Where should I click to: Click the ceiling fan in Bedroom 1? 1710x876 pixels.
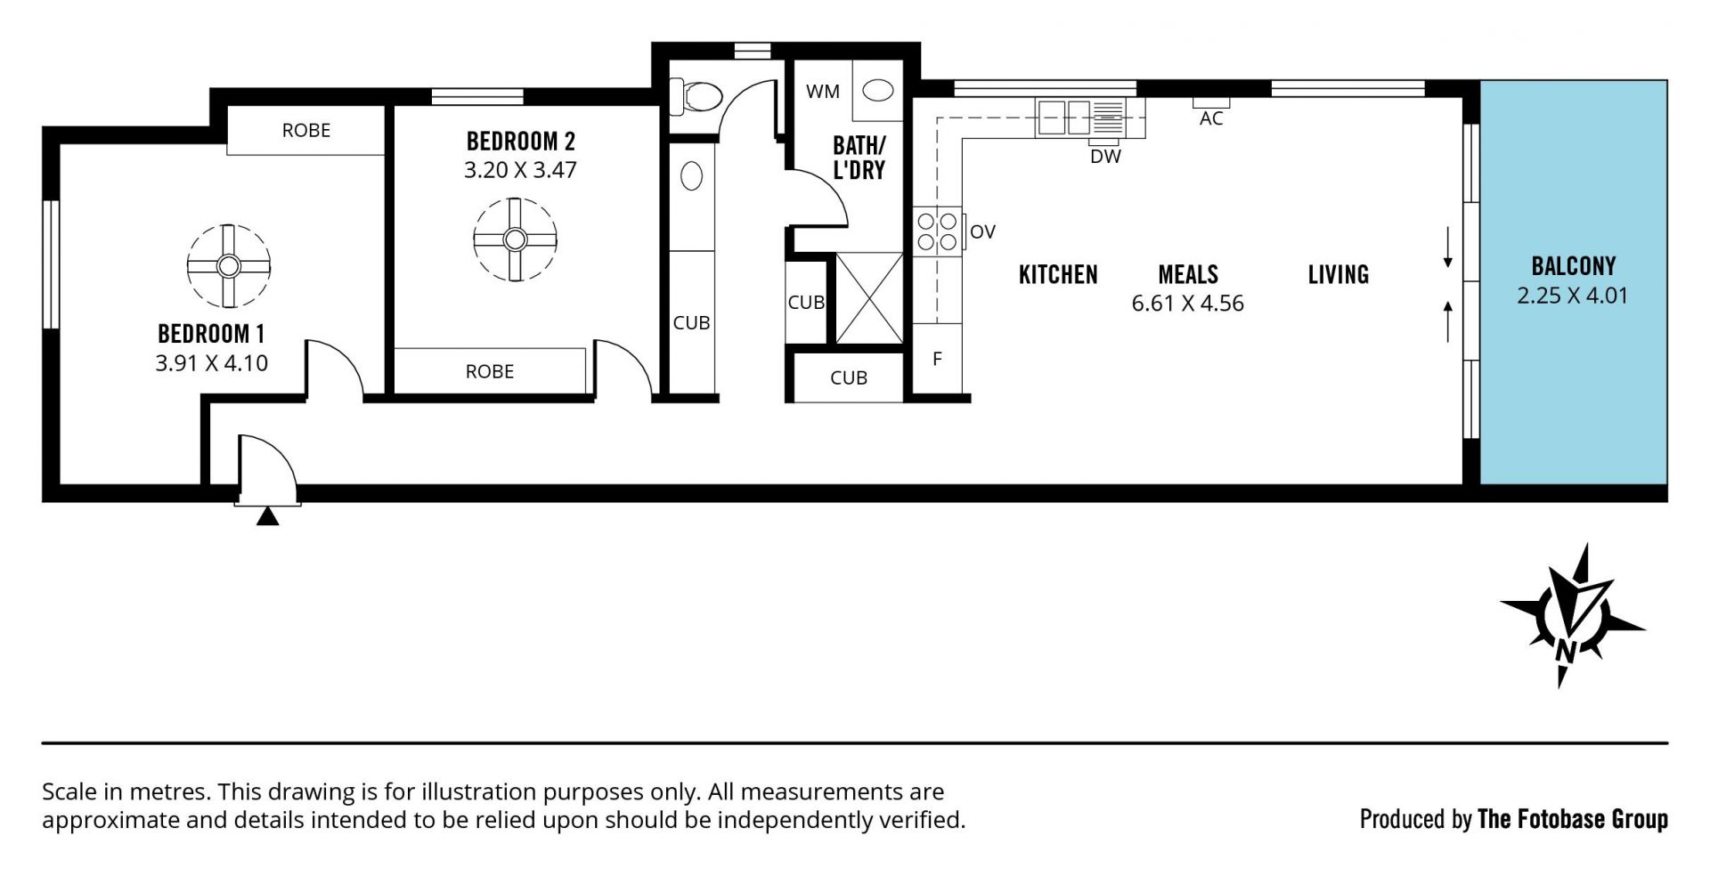[x=229, y=266]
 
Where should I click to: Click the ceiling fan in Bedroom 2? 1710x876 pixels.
[x=515, y=239]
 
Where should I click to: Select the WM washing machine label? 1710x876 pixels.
[x=822, y=91]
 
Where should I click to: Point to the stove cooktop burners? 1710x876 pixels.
[x=938, y=231]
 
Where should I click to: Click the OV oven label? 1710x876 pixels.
[x=982, y=231]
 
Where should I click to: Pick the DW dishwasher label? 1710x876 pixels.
[x=1105, y=157]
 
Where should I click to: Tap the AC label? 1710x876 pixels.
[x=1211, y=118]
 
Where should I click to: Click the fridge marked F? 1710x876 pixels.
[x=938, y=359]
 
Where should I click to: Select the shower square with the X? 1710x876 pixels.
[x=869, y=298]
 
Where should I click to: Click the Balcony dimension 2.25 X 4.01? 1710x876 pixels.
[x=1573, y=296]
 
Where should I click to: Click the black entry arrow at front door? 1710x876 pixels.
[x=267, y=516]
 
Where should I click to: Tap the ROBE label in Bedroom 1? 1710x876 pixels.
[x=306, y=130]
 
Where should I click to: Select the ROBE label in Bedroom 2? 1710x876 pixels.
[x=490, y=371]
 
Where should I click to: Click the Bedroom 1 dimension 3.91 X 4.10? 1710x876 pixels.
[x=211, y=363]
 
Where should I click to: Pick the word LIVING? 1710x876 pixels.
[x=1338, y=274]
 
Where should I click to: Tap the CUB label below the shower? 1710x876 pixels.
[x=848, y=377]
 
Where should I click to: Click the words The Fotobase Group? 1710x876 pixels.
[x=1572, y=819]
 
